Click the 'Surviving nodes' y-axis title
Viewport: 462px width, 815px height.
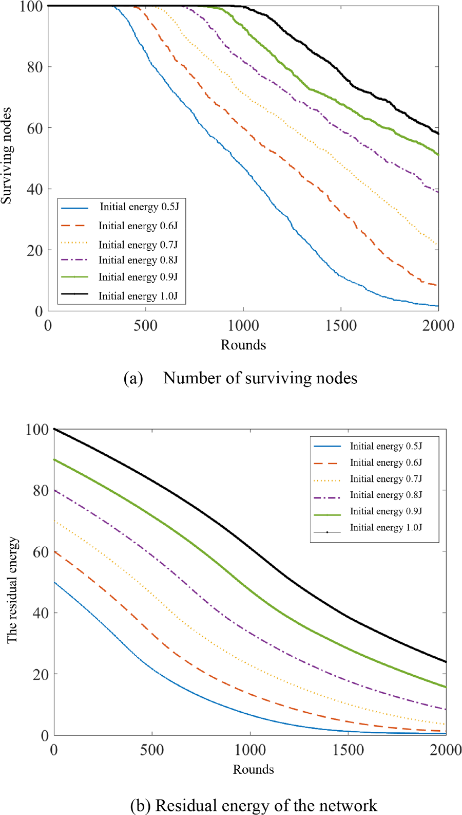tap(7, 156)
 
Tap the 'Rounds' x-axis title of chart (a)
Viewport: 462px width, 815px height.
tap(243, 345)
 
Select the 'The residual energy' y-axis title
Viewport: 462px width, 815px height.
tap(12, 590)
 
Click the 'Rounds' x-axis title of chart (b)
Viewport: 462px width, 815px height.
tap(253, 769)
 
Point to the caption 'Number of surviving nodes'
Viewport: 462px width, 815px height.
tap(260, 378)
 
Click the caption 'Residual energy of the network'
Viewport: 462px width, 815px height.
tap(266, 805)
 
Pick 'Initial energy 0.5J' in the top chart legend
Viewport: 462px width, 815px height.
tap(139, 207)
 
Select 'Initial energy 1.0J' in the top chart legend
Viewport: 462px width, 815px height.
tap(138, 296)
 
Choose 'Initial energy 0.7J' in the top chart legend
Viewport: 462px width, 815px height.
tap(138, 245)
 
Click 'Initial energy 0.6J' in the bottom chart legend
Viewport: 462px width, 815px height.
tap(386, 462)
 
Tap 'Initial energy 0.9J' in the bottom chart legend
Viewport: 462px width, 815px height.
tap(386, 511)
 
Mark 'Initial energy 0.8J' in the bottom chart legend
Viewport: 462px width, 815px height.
tap(386, 495)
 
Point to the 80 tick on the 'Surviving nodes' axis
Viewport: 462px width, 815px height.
tap(35, 67)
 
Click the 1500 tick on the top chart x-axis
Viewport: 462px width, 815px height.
tap(341, 326)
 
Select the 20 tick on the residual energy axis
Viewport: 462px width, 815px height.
tap(41, 675)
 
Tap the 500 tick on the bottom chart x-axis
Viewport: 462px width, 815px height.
tap(152, 750)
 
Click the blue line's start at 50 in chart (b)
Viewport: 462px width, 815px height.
tap(54, 583)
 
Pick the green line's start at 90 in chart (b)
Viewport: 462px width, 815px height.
tap(54, 460)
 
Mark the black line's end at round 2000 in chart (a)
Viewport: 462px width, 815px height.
tap(438, 134)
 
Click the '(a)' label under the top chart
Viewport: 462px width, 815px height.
tap(133, 379)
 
